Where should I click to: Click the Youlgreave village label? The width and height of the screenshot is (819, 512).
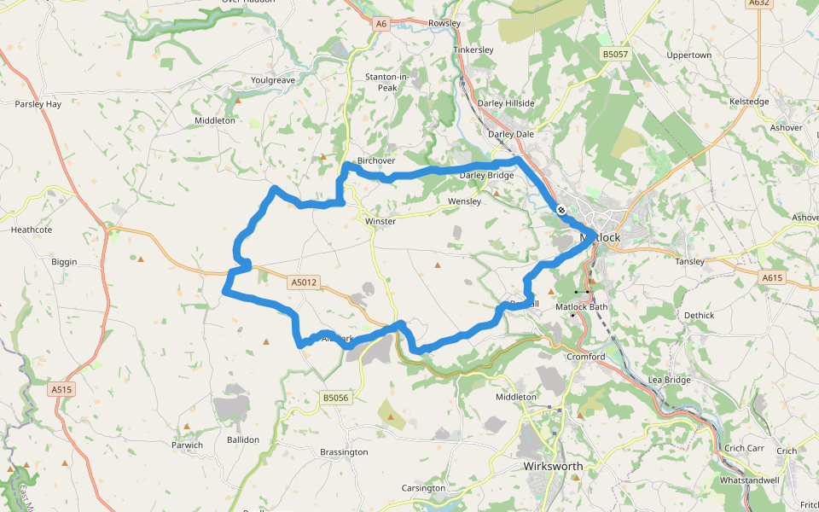tap(273, 80)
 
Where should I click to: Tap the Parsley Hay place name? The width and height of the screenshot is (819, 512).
tap(38, 104)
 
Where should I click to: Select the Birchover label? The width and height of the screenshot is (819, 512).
tap(376, 160)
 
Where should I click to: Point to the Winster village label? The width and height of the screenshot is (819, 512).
tap(380, 221)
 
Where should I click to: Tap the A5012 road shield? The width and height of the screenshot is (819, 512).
tap(303, 282)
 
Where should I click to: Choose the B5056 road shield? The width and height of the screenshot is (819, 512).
tap(336, 398)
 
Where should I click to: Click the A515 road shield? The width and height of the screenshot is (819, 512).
tap(61, 389)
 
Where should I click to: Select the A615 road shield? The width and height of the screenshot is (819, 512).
tap(772, 277)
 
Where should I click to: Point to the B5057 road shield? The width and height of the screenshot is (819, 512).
tap(615, 55)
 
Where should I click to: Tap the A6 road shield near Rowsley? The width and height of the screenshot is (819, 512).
tap(381, 24)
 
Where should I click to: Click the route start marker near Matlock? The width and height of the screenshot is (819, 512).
tap(561, 209)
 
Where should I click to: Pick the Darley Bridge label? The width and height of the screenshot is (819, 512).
tap(487, 176)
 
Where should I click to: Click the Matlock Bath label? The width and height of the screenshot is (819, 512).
tap(582, 306)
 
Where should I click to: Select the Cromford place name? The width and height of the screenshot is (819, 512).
tap(586, 357)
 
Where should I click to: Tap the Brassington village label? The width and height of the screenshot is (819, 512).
tap(344, 451)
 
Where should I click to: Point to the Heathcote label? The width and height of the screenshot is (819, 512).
tap(32, 230)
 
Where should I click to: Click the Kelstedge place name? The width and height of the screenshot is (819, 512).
tap(750, 102)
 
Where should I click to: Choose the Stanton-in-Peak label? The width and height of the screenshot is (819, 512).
tap(387, 82)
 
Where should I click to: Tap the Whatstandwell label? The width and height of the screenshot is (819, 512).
tap(750, 480)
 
